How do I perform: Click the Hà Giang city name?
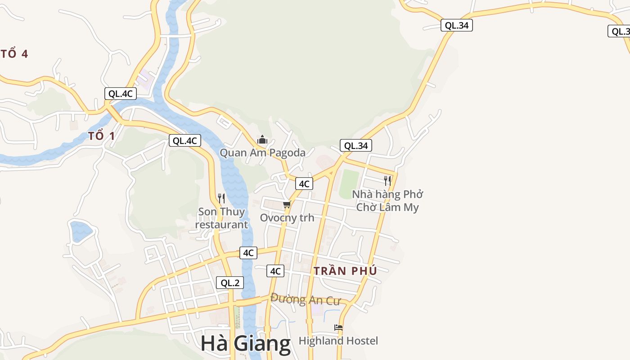coord(246,343)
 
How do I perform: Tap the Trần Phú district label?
coord(345,271)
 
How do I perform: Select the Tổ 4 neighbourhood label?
coord(14,54)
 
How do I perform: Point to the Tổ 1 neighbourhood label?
coord(101,136)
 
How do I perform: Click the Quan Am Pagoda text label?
coord(262,153)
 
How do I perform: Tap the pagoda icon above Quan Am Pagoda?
coord(262,140)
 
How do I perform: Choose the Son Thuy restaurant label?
coord(221,218)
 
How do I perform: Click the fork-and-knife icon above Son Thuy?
coord(221,198)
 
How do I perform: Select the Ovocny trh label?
coord(287,218)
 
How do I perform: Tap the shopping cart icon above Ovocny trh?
coord(287,205)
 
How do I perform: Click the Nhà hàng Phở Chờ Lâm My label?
coord(387,201)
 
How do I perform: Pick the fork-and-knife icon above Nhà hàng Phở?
coord(387,180)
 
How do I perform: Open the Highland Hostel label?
coord(338,341)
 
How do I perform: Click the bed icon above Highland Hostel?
coord(338,328)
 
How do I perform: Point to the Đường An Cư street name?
coord(306,299)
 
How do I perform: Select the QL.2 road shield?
coord(230,283)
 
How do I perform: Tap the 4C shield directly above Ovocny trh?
coord(305,184)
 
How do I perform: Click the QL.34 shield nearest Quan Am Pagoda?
coord(356,145)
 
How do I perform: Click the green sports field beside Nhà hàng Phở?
coord(349,184)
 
